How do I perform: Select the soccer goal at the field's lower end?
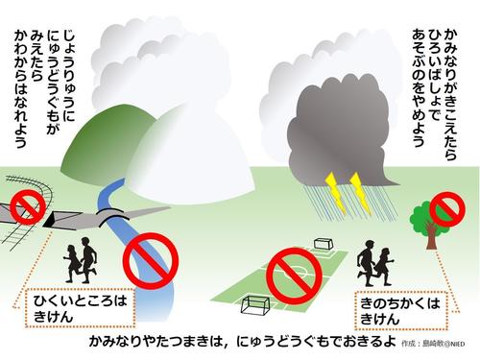click(254, 306)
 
